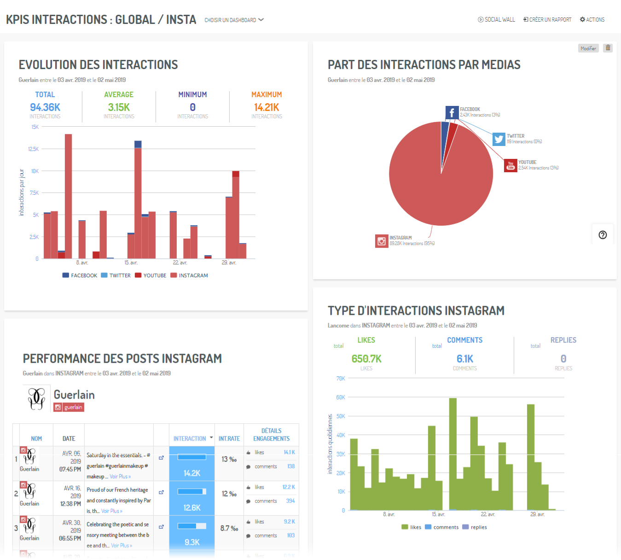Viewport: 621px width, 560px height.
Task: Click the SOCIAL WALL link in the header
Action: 496,20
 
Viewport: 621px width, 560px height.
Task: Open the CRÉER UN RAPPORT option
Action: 547,20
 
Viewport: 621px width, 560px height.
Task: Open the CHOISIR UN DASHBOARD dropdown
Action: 234,20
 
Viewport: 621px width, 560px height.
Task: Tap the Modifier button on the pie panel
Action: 588,48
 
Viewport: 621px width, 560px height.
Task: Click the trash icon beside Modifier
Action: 608,48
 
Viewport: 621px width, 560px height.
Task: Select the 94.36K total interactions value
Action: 45,107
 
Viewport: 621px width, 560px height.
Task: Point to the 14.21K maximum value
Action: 267,107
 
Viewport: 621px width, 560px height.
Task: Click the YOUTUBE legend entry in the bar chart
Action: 151,275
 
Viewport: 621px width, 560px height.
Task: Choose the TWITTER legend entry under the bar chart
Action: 116,275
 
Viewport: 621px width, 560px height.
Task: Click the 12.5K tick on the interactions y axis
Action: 34,149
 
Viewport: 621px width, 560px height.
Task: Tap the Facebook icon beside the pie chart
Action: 452,112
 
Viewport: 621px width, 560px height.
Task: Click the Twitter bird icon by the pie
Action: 499,139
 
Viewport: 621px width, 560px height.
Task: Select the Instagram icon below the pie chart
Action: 382,241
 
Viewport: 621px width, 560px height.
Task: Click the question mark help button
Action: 603,235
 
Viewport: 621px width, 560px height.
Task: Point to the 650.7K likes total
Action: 366,359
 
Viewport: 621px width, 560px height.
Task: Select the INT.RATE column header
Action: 229,439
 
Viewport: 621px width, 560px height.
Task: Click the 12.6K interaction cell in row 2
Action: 192,507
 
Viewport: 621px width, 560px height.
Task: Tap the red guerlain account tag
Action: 69,407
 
